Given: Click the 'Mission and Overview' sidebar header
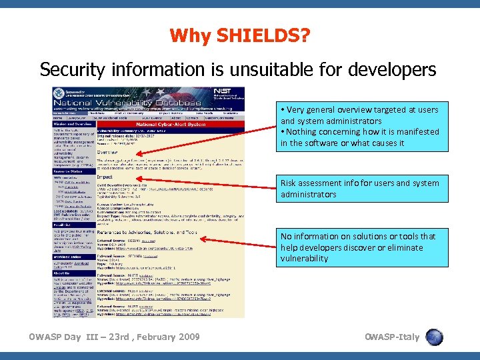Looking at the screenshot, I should [x=74, y=124].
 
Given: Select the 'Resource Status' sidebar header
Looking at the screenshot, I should [x=70, y=171].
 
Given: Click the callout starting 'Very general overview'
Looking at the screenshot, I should [x=360, y=126].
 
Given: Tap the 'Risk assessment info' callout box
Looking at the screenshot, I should [x=360, y=189].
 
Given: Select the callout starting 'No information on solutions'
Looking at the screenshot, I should [x=360, y=247].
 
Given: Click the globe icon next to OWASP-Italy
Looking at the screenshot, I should [x=435, y=337].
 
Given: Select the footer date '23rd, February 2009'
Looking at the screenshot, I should [x=149, y=337].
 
